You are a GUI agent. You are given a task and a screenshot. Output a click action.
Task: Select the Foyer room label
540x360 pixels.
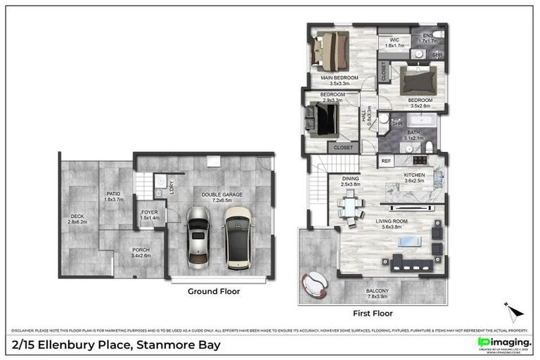(150, 214)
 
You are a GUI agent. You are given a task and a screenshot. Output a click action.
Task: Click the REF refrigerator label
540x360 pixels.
(386, 162)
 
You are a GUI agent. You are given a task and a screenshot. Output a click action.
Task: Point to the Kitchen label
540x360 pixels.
(413, 177)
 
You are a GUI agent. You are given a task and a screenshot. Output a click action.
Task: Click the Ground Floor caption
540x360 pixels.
(213, 291)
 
